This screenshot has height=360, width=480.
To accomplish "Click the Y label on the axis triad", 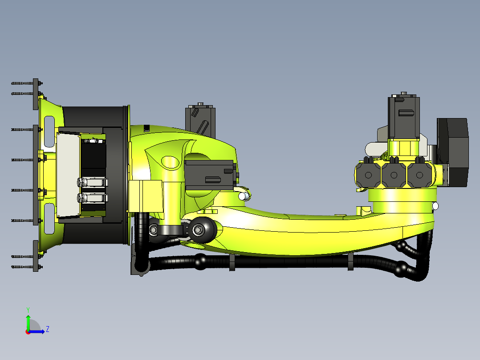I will click(28, 309).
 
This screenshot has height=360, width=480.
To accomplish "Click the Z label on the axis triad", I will click(47, 329).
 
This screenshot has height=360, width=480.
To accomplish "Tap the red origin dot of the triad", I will click(28, 331).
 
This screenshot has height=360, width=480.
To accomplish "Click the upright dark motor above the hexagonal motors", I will click(403, 117).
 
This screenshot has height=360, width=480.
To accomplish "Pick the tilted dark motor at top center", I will click(200, 119).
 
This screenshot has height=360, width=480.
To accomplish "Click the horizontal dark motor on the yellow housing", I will click(209, 175).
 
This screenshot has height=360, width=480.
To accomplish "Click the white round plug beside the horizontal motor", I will click(243, 196).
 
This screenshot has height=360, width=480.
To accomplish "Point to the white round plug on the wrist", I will click(435, 206).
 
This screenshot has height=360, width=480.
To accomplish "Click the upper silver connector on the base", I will click(92, 182).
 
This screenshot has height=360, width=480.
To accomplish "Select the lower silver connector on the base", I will click(92, 197).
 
